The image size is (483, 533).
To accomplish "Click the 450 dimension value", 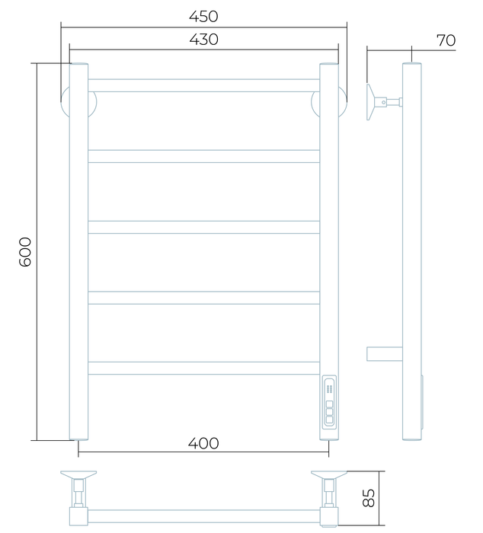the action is pos(203,16).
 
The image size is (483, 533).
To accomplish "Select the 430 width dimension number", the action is pos(203,40).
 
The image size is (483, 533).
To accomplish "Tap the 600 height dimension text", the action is pos(25,252).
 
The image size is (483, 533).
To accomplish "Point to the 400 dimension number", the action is pos(203,443).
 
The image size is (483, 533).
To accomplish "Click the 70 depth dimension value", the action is pos(446,40).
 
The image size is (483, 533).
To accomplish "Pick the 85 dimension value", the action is pos(369,498).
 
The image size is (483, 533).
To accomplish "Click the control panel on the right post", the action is pos(329,403).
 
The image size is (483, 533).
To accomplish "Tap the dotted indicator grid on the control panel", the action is pos(329,389).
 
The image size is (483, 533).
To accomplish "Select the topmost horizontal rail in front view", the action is pos(203,85).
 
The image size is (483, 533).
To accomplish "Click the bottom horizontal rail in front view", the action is pos(203,368).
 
